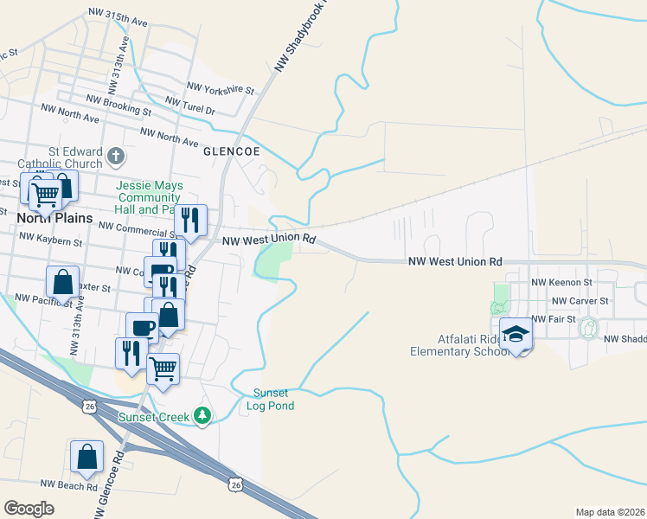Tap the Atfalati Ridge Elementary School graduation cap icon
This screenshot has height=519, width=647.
[x=516, y=335]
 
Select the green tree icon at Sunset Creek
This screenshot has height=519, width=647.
[x=202, y=417]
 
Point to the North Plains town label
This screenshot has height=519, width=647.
[x=54, y=218]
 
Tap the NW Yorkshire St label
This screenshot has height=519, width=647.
[x=220, y=89]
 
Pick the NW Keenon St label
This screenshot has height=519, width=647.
[x=561, y=282]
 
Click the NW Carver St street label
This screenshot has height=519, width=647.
[x=581, y=300]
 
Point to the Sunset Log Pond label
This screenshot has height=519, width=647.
[x=273, y=399]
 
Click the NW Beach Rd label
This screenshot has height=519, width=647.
[x=69, y=486]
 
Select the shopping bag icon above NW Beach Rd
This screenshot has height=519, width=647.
[x=87, y=458]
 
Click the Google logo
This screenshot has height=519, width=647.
[x=29, y=508]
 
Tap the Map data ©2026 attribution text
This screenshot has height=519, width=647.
[x=610, y=511]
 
